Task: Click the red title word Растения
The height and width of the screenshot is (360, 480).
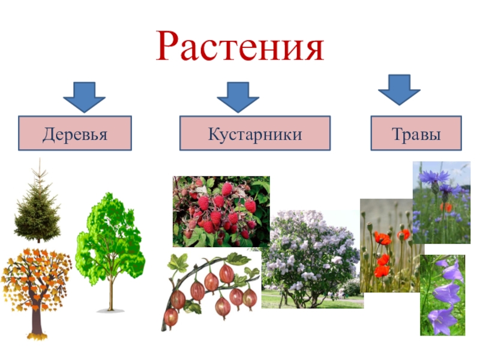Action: click(x=240, y=47)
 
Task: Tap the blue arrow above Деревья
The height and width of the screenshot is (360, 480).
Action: click(x=84, y=97)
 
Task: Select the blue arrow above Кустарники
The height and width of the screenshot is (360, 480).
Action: click(x=238, y=97)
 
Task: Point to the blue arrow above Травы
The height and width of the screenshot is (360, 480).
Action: click(x=399, y=89)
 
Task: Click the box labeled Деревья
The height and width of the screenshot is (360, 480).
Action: click(x=75, y=133)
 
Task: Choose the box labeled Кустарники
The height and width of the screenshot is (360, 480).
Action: click(x=255, y=133)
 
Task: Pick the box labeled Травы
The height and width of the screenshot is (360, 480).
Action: click(x=416, y=133)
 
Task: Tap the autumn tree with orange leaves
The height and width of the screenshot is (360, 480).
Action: click(x=37, y=291)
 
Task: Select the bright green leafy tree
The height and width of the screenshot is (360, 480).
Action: click(x=110, y=245)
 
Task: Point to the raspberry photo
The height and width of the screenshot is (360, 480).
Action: click(x=221, y=212)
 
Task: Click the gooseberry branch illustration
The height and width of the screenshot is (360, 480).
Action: click(x=211, y=291)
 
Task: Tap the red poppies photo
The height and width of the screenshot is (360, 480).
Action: click(x=391, y=245)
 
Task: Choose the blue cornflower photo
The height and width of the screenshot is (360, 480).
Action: click(x=442, y=202)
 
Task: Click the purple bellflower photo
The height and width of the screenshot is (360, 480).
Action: click(x=442, y=295)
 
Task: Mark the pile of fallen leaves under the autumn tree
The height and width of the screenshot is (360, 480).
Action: click(x=37, y=337)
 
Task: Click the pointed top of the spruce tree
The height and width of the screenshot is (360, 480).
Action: click(x=40, y=159)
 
